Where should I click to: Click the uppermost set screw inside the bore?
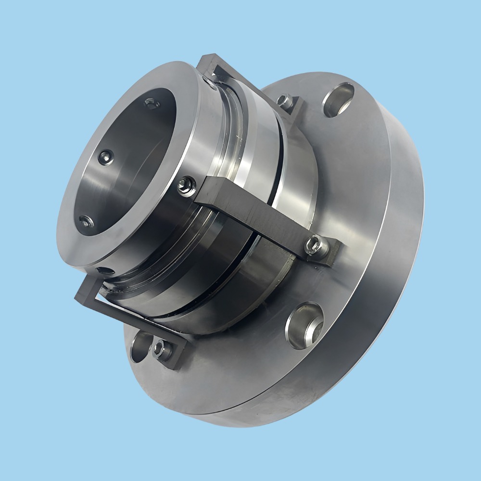point(152,103)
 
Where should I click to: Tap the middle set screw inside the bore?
point(105,157)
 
